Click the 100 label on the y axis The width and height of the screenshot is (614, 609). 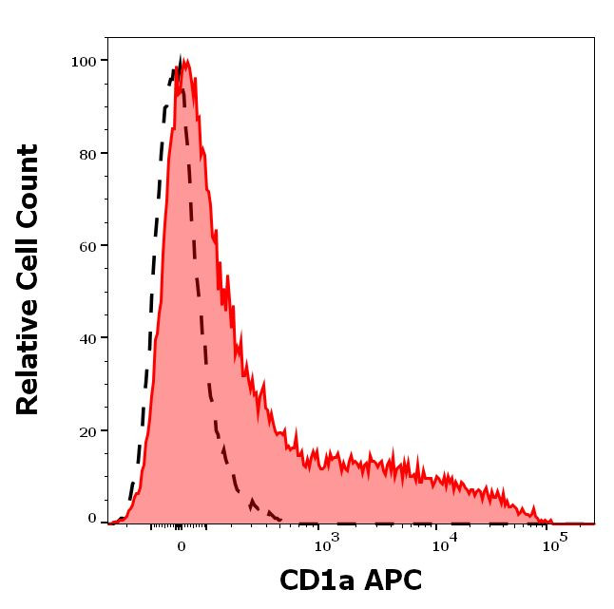(84, 61)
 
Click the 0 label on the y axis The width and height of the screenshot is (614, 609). (92, 519)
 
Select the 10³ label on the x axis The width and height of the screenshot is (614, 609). (325, 543)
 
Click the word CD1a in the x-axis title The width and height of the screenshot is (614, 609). (315, 580)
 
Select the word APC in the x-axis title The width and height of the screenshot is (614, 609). (390, 580)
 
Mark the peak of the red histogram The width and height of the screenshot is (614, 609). (184, 63)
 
